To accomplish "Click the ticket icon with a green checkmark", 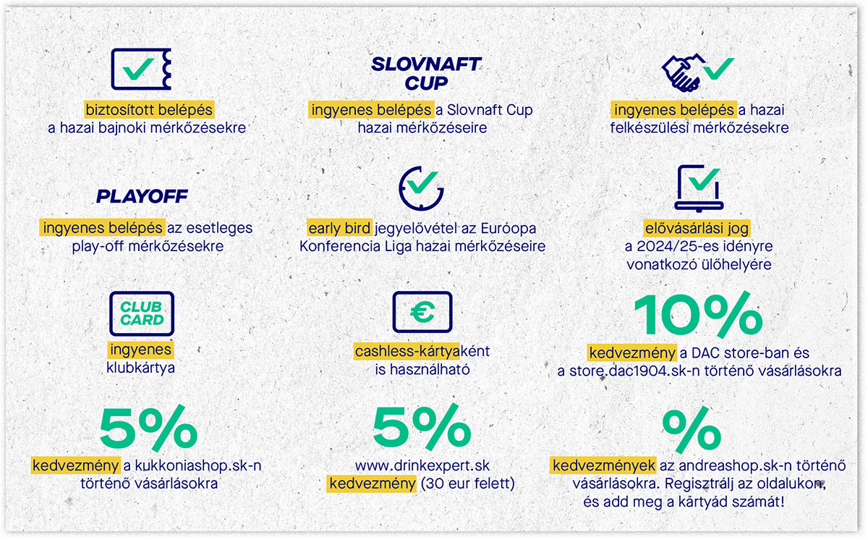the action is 141,69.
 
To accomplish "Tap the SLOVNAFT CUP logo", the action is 426,74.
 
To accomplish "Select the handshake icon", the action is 683,72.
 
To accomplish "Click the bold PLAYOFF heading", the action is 142,196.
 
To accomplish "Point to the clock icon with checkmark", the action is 421,189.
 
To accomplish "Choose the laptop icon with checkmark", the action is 699,188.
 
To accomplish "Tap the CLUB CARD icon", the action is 142,313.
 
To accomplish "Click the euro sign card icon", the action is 422,312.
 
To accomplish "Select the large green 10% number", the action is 698,315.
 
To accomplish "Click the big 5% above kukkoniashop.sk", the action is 148,428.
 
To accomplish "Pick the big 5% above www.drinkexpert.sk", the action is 422,427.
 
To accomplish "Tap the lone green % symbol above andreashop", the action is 692,430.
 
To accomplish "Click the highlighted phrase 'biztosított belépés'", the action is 149,110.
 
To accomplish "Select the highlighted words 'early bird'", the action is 339,228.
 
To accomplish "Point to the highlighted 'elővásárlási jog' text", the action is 697,228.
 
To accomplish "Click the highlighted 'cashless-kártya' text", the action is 407,351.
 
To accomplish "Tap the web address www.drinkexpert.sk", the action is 422,465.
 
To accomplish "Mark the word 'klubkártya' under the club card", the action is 140,368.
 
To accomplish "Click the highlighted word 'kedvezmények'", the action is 603,465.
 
